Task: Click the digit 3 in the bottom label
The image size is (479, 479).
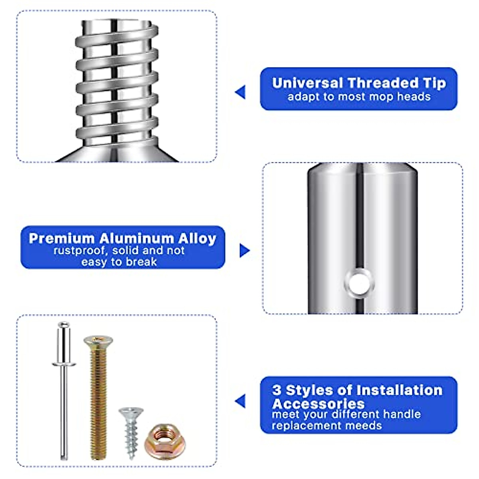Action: pyautogui.click(x=277, y=390)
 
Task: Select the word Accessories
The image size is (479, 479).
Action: pyautogui.click(x=318, y=403)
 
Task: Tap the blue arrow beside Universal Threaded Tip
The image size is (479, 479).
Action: pyautogui.click(x=240, y=92)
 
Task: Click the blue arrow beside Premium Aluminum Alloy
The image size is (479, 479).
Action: pyautogui.click(x=244, y=251)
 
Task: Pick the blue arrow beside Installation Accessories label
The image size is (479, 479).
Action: pyautogui.click(x=240, y=401)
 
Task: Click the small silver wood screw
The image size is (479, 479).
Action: pyautogui.click(x=131, y=429)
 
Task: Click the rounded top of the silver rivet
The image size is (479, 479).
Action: pyautogui.click(x=63, y=325)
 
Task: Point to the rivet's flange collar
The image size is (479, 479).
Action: pyautogui.click(x=64, y=364)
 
